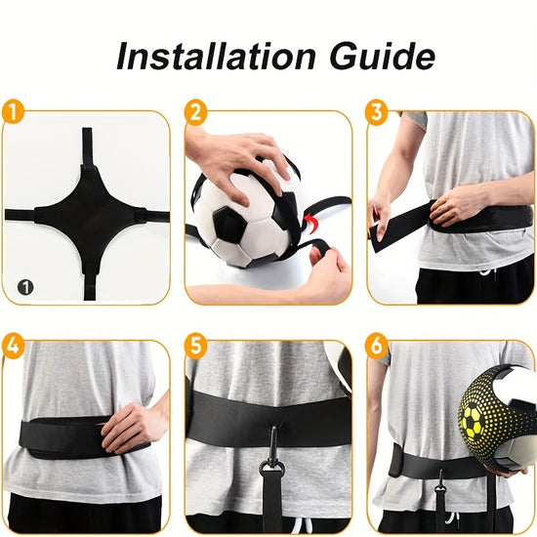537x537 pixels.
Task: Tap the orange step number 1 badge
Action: click(x=13, y=111)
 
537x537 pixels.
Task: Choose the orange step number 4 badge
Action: click(x=13, y=345)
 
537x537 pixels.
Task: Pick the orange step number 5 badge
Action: click(x=196, y=345)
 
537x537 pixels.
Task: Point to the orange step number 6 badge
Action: click(x=377, y=345)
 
